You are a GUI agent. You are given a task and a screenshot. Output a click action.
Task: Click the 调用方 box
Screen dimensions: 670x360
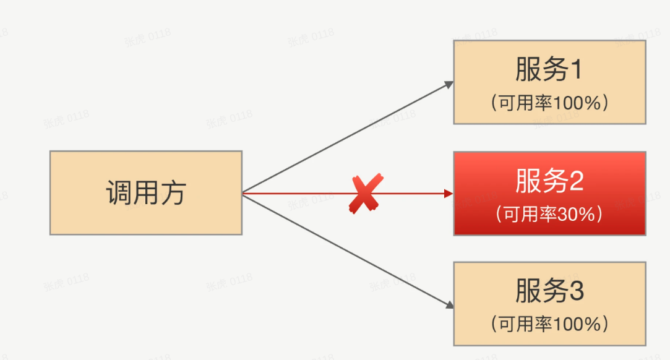146,192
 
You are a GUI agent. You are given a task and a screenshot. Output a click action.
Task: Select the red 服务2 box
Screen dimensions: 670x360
549,193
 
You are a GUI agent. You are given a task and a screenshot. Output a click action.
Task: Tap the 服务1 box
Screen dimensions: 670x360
549,82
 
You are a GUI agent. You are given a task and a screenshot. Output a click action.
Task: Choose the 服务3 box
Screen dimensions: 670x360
549,303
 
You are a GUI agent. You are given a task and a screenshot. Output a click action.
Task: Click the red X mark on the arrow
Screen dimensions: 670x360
364,194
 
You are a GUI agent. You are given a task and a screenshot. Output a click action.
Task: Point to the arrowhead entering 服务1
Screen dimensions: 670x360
450,84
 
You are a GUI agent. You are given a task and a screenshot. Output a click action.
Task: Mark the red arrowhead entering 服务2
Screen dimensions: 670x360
449,194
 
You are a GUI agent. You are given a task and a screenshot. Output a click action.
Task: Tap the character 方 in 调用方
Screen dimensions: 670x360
173,193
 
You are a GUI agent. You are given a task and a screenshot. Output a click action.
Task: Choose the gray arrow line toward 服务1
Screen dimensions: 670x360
346,138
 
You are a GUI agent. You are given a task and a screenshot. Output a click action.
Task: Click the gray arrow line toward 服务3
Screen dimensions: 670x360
346,249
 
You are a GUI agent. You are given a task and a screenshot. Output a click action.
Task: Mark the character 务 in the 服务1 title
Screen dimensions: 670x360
555,70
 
